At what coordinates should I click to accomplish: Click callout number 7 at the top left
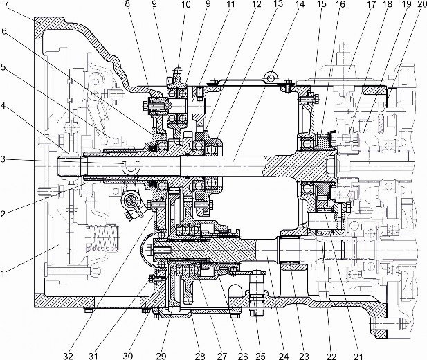[x=6, y=4]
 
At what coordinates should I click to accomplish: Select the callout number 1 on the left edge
[x=3, y=273]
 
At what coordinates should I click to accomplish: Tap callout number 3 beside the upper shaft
[x=3, y=159]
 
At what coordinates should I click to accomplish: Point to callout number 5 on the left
[x=3, y=66]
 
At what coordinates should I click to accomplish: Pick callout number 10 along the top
[x=187, y=4]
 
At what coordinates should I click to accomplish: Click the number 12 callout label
[x=256, y=4]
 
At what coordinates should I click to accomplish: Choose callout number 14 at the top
[x=300, y=4]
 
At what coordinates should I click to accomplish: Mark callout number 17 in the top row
[x=372, y=4]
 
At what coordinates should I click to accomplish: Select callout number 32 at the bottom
[x=68, y=356]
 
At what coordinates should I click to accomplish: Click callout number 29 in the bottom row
[x=161, y=356]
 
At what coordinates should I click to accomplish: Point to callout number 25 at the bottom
[x=261, y=356]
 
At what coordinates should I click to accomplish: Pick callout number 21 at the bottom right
[x=358, y=356]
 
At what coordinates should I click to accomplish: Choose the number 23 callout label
[x=304, y=356]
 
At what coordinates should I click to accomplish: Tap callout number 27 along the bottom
[x=222, y=356]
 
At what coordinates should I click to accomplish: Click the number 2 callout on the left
[x=3, y=214]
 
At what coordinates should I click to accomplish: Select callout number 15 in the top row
[x=323, y=4]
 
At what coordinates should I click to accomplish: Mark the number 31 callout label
[x=93, y=356]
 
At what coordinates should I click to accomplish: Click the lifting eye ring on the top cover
[x=271, y=78]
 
